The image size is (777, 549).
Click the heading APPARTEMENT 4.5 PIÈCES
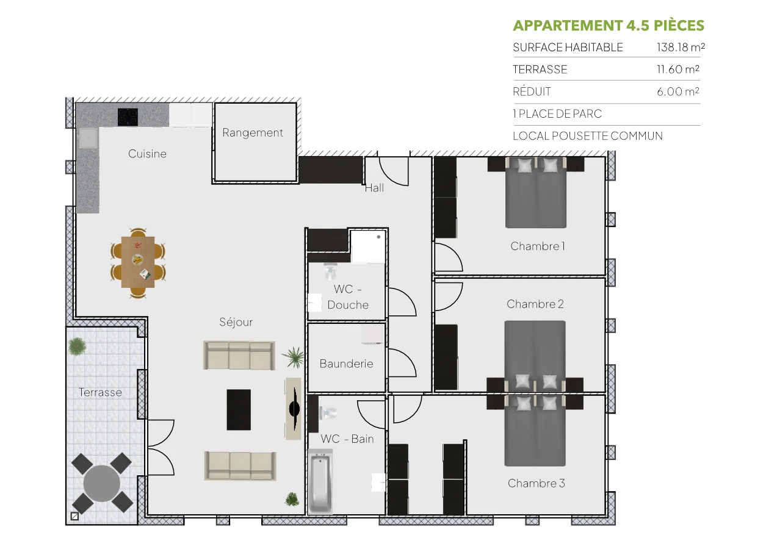click(x=608, y=26)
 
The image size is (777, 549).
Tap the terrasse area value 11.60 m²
click(x=678, y=70)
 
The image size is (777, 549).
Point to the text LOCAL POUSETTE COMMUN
click(x=587, y=136)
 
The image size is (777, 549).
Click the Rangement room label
click(x=253, y=133)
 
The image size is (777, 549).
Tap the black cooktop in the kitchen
click(x=128, y=117)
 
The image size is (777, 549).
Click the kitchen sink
click(x=87, y=138)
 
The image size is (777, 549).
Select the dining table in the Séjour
click(x=138, y=262)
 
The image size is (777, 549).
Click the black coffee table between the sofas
click(x=239, y=410)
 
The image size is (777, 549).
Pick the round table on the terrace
click(x=102, y=483)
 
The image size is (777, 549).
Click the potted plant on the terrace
click(x=78, y=346)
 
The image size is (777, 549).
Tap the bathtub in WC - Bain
click(x=320, y=482)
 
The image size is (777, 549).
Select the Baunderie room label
click(x=346, y=364)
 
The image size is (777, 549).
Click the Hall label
click(x=374, y=188)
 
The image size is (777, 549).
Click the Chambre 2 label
click(x=535, y=304)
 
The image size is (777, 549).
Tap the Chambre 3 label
click(x=536, y=484)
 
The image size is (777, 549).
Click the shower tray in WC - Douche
click(x=367, y=246)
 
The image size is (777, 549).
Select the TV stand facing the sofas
click(x=293, y=409)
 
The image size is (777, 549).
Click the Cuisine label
click(x=147, y=154)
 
